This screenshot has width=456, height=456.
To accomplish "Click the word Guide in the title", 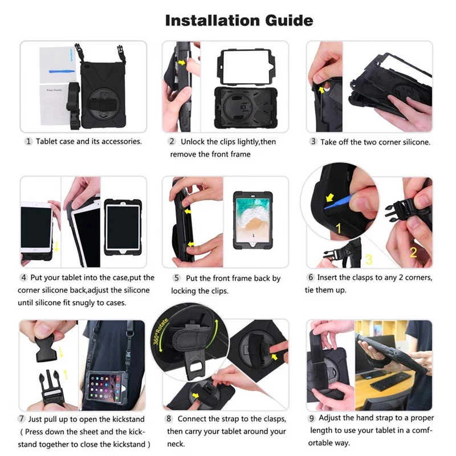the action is click(289, 21).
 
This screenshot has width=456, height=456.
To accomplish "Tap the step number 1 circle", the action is click(28, 141).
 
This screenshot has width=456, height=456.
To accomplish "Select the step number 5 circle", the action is click(177, 278).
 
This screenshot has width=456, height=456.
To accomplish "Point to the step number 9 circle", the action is click(311, 418).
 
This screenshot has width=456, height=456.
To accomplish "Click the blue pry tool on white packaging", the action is click(62, 71).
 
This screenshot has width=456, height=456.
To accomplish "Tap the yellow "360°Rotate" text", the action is click(161, 332).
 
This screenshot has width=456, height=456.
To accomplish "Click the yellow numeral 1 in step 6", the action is click(339, 229).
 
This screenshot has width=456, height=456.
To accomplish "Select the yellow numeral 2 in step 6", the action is click(413, 252).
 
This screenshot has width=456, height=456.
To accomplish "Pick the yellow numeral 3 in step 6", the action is click(369, 259).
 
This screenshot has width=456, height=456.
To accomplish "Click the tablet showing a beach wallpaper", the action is click(253, 220).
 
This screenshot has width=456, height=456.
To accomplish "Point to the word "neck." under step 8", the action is click(176, 444).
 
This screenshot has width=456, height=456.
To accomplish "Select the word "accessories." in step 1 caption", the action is click(121, 141).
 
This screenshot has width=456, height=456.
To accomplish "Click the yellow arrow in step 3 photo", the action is click(321, 90).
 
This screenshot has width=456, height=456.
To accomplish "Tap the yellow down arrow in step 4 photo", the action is click(56, 246).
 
